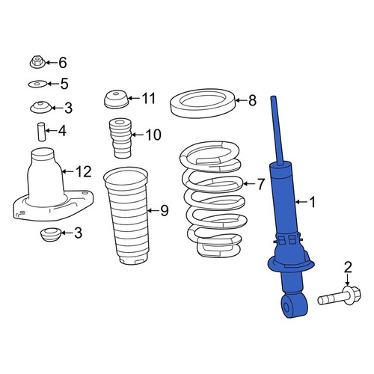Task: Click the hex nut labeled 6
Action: [37, 62]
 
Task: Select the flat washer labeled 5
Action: [37, 84]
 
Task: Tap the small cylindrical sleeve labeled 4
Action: [42, 132]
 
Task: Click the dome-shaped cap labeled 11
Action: [116, 99]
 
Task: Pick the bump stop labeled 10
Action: [120, 138]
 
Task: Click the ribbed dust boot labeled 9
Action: [126, 215]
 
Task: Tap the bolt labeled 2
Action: [340, 298]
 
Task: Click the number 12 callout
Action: [84, 171]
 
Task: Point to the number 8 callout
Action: [252, 100]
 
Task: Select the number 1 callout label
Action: [313, 202]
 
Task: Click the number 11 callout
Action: [149, 98]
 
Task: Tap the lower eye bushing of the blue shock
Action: [293, 306]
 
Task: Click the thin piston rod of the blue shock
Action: [278, 130]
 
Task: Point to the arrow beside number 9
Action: [153, 211]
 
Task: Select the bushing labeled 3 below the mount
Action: [51, 234]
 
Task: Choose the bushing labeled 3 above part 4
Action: [41, 107]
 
